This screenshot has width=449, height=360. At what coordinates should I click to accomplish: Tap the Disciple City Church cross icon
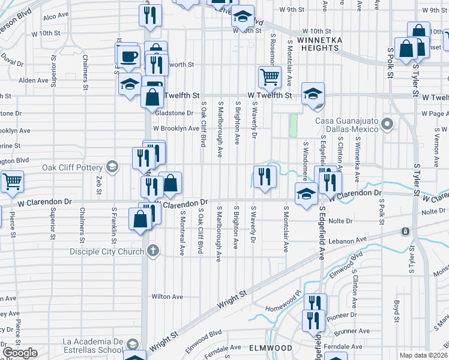point(153,251)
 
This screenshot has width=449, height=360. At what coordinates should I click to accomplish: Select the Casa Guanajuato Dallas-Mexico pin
point(387,125)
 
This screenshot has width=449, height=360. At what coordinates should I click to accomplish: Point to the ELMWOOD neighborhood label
point(270,348)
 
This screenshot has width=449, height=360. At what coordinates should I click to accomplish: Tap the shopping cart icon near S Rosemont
point(270,77)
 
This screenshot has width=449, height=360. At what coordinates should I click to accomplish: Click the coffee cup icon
point(128,57)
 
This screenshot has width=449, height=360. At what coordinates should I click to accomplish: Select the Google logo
point(20,353)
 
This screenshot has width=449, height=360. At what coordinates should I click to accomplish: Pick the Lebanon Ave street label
point(348,240)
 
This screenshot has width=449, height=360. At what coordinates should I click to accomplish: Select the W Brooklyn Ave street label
point(175,128)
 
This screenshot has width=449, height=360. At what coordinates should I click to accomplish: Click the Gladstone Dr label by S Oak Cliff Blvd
point(174,113)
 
